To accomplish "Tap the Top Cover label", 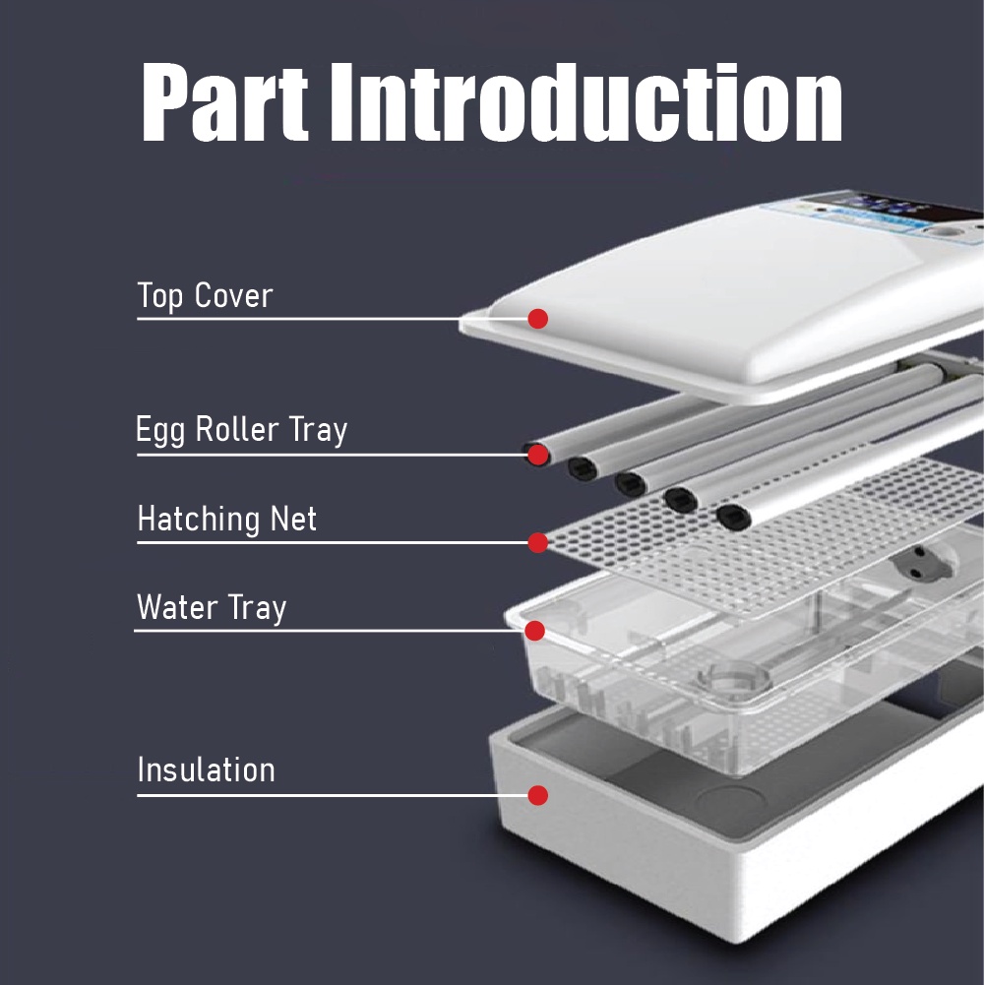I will click(x=205, y=295).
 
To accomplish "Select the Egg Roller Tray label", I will click(x=242, y=431).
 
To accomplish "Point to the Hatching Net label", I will click(x=227, y=519).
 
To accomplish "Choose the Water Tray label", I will click(x=212, y=607).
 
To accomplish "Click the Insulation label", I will click(x=207, y=770).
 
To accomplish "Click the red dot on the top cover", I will click(x=537, y=319).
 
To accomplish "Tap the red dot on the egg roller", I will click(x=537, y=455).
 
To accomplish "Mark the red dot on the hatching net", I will click(x=537, y=542).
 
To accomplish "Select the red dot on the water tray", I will click(x=534, y=630).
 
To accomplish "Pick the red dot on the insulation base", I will click(x=537, y=795).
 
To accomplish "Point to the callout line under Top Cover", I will click(x=295, y=319).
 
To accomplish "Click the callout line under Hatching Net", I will click(x=325, y=542).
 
